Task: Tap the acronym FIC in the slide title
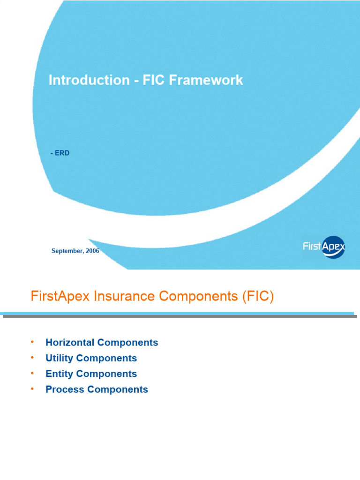click(151, 80)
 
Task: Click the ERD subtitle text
click(61, 153)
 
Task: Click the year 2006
click(92, 251)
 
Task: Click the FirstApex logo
click(324, 247)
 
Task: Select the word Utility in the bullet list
click(60, 358)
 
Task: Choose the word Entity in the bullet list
click(59, 374)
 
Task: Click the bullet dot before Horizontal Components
click(32, 342)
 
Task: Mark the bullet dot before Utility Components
click(32, 357)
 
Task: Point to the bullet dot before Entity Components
click(32, 373)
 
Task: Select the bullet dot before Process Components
click(32, 389)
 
